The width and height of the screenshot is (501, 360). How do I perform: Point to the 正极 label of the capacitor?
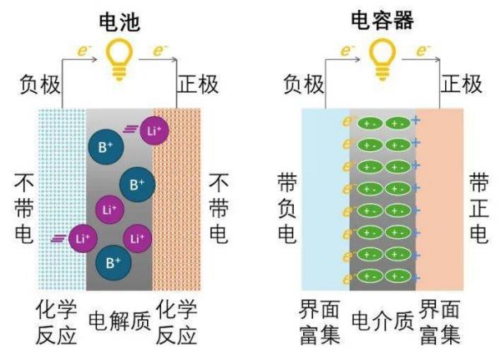coord(462,84)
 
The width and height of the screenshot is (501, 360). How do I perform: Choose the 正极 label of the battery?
coord(199,84)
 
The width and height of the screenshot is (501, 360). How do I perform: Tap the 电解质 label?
coord(119,320)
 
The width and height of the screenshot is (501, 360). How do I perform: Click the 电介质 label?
coord(382,320)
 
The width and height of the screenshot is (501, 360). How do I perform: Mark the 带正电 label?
coord(478,208)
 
